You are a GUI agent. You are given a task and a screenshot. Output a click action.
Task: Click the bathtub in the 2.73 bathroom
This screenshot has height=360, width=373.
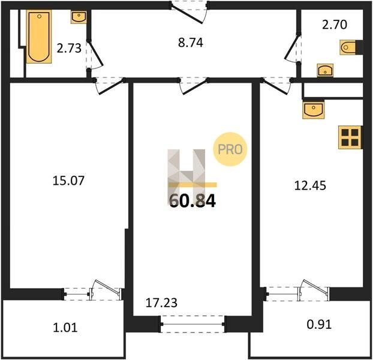39,37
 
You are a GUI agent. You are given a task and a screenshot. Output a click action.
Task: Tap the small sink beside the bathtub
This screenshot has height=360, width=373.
79,17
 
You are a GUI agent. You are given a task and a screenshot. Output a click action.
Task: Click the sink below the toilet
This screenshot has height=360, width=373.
325,70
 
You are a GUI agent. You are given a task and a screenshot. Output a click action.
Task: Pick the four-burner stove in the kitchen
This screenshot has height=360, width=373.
350,137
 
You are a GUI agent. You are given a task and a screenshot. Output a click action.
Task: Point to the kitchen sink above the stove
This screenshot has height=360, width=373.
314,110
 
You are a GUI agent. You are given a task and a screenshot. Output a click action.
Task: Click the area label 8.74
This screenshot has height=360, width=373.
191,43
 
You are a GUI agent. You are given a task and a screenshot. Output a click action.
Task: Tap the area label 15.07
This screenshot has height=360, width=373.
68,181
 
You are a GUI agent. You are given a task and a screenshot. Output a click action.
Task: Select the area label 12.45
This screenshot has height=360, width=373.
310,185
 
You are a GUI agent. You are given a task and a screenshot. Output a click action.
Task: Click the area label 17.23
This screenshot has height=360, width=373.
161,303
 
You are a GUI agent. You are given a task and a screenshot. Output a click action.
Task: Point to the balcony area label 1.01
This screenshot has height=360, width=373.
65,328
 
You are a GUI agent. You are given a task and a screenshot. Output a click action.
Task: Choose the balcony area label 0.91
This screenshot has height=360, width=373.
319,324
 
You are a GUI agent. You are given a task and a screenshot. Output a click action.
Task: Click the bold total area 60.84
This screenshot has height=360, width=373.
192,201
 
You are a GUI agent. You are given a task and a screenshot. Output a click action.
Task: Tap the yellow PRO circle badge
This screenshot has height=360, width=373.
230,149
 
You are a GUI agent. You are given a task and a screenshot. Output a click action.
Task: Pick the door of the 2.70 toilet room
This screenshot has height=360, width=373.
292,48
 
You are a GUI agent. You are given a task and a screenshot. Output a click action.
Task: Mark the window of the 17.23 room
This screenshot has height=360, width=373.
192,324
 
